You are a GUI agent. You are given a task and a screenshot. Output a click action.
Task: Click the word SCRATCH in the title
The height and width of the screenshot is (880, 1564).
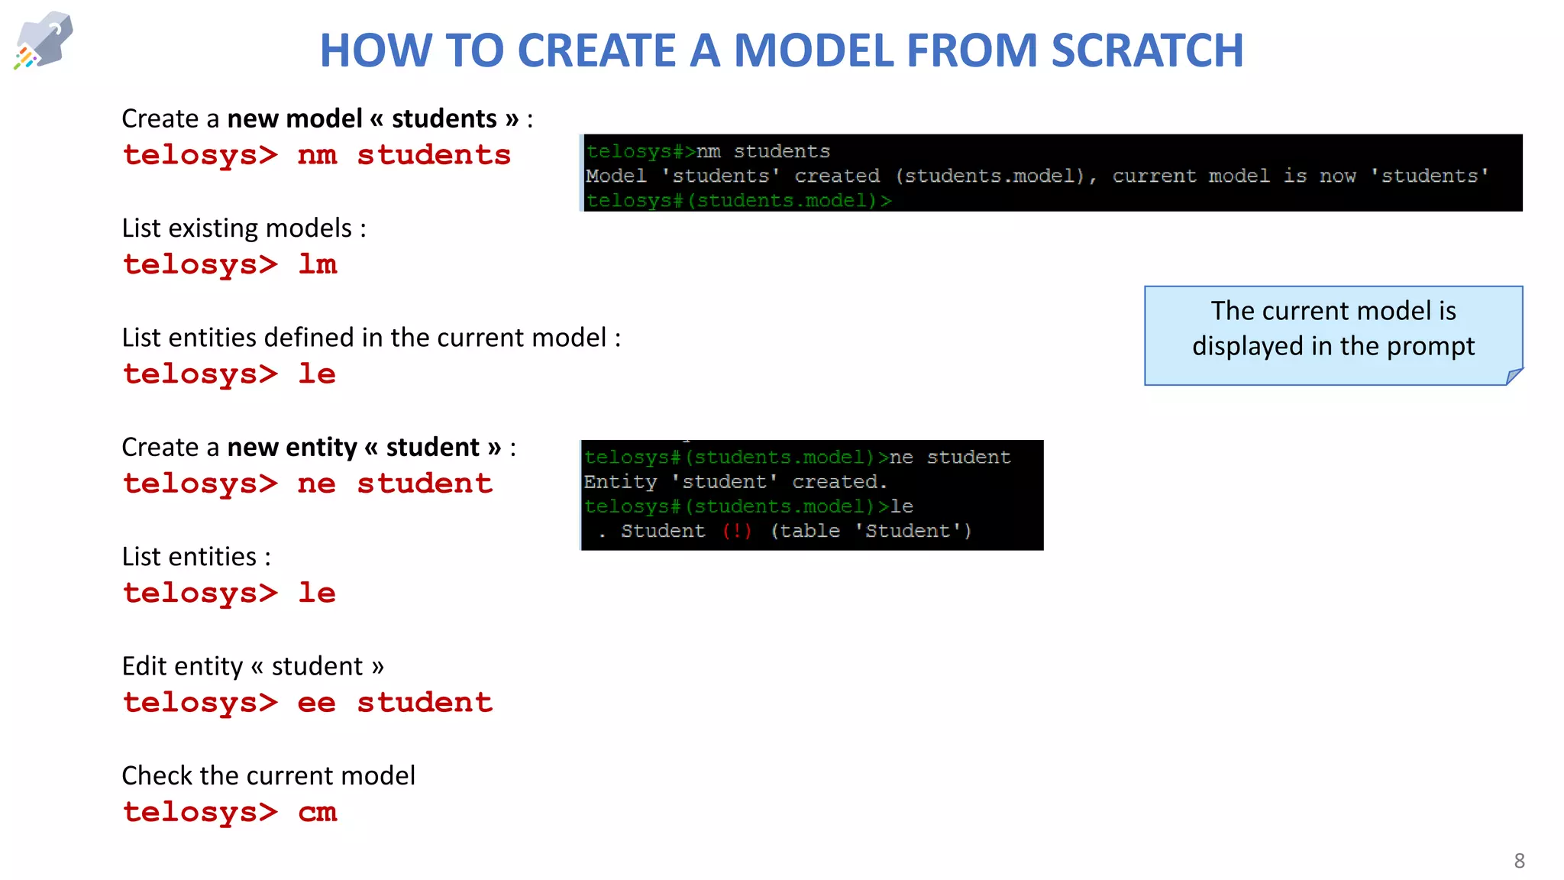pos(1147,50)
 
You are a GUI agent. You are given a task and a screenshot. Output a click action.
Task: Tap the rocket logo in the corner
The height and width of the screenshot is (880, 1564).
pos(44,40)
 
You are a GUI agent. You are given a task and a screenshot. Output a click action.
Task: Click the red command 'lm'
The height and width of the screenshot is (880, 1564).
pos(317,264)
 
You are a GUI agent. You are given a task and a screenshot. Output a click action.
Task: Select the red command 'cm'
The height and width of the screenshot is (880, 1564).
pos(317,812)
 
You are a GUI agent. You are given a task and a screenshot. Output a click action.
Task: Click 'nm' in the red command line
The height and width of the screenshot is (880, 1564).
pos(317,155)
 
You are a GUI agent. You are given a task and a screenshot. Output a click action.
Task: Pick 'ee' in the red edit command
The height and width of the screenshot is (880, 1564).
pos(316,703)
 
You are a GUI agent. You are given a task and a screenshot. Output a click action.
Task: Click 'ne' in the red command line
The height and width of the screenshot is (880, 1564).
pos(316,484)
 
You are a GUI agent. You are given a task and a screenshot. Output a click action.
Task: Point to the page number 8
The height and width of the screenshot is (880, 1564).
pos(1519,861)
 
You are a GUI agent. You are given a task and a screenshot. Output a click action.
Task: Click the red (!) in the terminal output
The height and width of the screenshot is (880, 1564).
pos(737,531)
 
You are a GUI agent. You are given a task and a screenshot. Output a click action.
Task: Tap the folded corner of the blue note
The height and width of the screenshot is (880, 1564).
pos(1513,376)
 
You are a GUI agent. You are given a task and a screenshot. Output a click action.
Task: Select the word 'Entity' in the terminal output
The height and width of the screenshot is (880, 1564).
pos(620,482)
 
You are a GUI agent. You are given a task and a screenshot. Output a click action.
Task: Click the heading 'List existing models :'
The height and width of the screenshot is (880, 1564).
pos(244,228)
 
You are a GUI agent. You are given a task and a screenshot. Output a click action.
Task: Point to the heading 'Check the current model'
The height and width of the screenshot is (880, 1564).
pos(268,776)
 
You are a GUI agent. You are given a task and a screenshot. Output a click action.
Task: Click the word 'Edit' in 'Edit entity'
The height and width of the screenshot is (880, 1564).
pos(144,666)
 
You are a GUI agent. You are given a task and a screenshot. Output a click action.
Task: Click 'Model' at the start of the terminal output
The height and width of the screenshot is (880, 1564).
pos(616,176)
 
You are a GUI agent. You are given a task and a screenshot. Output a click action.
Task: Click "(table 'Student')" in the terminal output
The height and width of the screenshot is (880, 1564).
pos(871,531)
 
